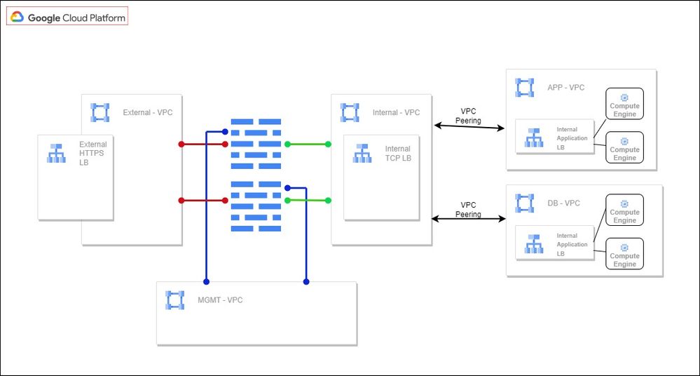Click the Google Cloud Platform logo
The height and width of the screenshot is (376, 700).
click(67, 17)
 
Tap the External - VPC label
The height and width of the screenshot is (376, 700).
click(147, 112)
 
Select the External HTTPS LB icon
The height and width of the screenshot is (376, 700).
click(56, 153)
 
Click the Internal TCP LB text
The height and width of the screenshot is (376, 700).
click(398, 154)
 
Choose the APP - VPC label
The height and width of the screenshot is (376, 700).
click(566, 88)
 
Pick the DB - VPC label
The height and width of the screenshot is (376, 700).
click(563, 203)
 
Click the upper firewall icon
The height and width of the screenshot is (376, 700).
click(256, 142)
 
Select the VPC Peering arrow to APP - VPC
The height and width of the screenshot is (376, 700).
click(469, 127)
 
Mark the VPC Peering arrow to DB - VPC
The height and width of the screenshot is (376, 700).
click(468, 219)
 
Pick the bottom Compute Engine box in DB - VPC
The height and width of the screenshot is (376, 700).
click(624, 254)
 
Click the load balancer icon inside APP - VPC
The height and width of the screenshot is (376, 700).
click(535, 138)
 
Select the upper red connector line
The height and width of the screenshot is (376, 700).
click(203, 145)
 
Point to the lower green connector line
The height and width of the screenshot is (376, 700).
click(308, 201)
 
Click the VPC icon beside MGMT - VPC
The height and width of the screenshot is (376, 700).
click(174, 300)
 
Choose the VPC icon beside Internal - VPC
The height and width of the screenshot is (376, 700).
click(349, 112)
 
